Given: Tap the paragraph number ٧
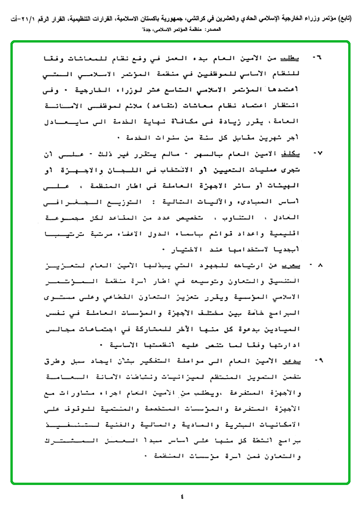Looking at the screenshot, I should [317, 154].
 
